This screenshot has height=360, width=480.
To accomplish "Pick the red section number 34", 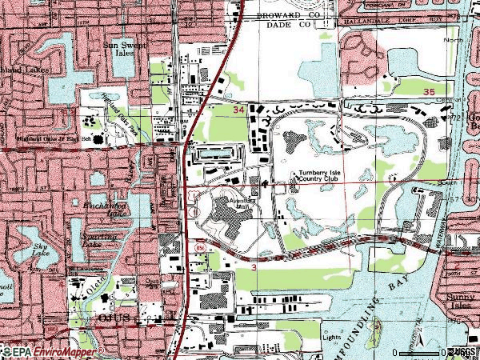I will (x=238, y=108).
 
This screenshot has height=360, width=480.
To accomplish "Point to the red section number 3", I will (x=254, y=267).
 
